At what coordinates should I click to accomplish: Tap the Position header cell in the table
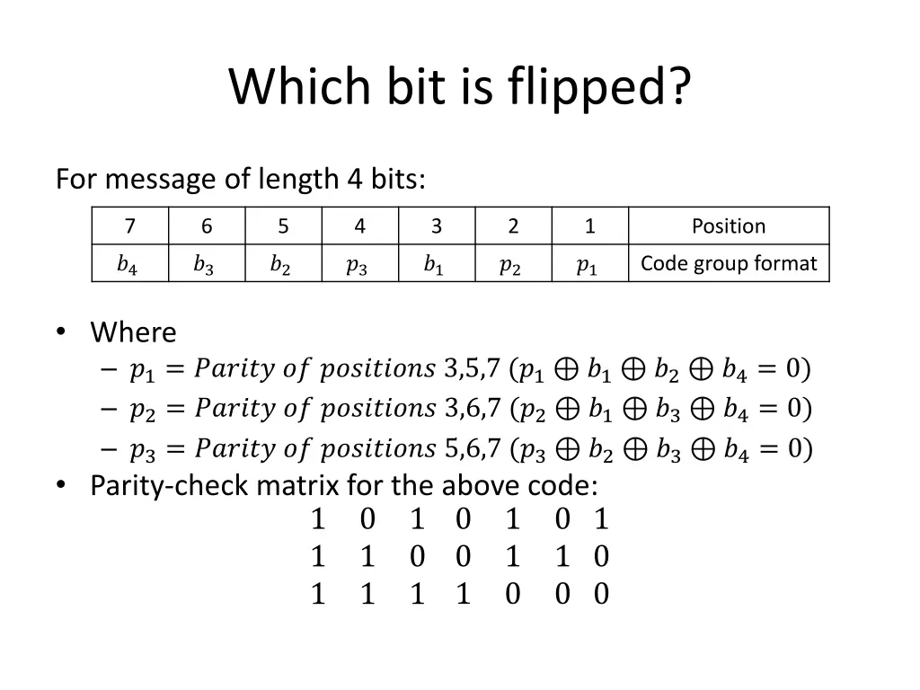(728, 226)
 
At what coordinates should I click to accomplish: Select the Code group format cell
(728, 263)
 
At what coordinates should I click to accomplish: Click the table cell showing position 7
(129, 226)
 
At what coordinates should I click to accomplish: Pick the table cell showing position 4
(359, 226)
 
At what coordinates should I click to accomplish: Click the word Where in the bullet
(133, 332)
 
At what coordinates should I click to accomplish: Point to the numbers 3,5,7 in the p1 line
(473, 369)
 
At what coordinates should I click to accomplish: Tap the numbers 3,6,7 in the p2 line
(473, 410)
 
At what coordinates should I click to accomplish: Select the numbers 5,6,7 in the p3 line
(473, 448)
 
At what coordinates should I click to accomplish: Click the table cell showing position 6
(207, 226)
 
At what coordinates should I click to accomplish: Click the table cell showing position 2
(513, 226)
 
